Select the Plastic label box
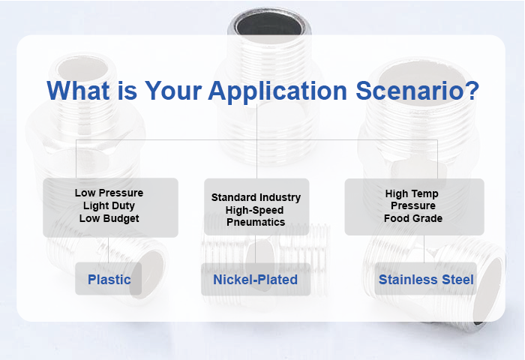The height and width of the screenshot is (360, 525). (x=109, y=280)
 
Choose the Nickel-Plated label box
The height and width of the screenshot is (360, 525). (x=256, y=280)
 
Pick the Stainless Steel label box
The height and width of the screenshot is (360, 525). (x=425, y=280)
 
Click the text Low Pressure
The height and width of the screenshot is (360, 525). (x=109, y=193)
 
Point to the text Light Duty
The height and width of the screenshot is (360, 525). (x=109, y=205)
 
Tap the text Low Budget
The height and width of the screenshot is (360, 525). (x=109, y=218)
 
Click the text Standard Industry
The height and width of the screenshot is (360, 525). (x=256, y=197)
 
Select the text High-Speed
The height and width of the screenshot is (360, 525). (x=256, y=210)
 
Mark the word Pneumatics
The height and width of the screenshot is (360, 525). (x=256, y=222)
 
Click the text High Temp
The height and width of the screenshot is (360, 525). (x=412, y=193)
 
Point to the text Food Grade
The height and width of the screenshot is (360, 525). (x=412, y=218)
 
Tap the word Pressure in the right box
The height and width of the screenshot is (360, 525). (x=412, y=205)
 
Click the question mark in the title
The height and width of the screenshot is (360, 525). (x=471, y=91)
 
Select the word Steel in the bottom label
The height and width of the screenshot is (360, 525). (x=457, y=280)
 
